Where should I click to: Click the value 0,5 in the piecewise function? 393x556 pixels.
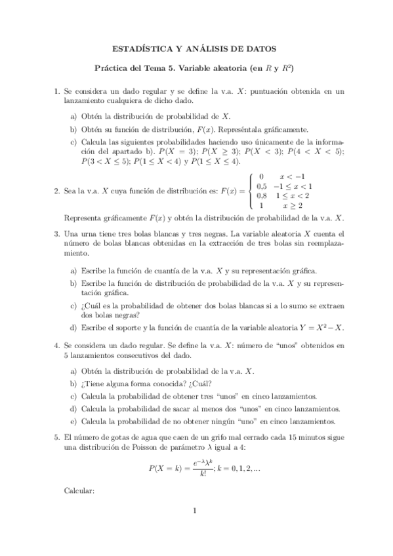261,186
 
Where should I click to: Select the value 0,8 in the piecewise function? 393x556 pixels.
261,195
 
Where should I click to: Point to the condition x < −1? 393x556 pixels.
292,176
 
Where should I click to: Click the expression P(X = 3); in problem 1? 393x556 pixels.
171,151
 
